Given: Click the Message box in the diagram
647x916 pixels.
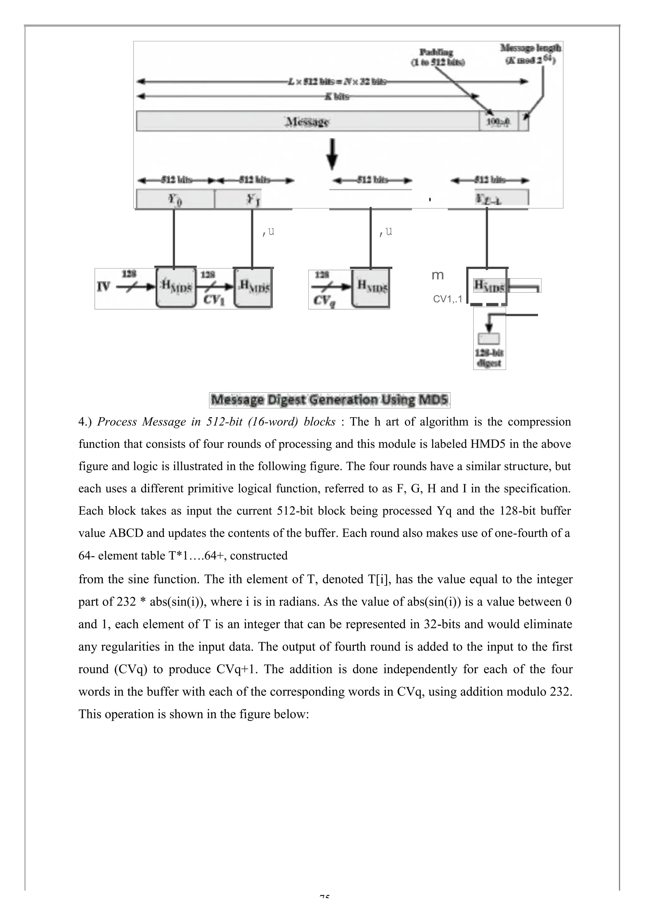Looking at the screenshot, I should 307,121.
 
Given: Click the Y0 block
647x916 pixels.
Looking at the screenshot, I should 175,199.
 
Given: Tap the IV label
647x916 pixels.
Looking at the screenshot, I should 103,286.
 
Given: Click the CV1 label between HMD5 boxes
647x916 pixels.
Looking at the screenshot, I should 214,300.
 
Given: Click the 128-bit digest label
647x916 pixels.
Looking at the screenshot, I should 489,358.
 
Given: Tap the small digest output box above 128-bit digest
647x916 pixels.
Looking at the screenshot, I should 488,339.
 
